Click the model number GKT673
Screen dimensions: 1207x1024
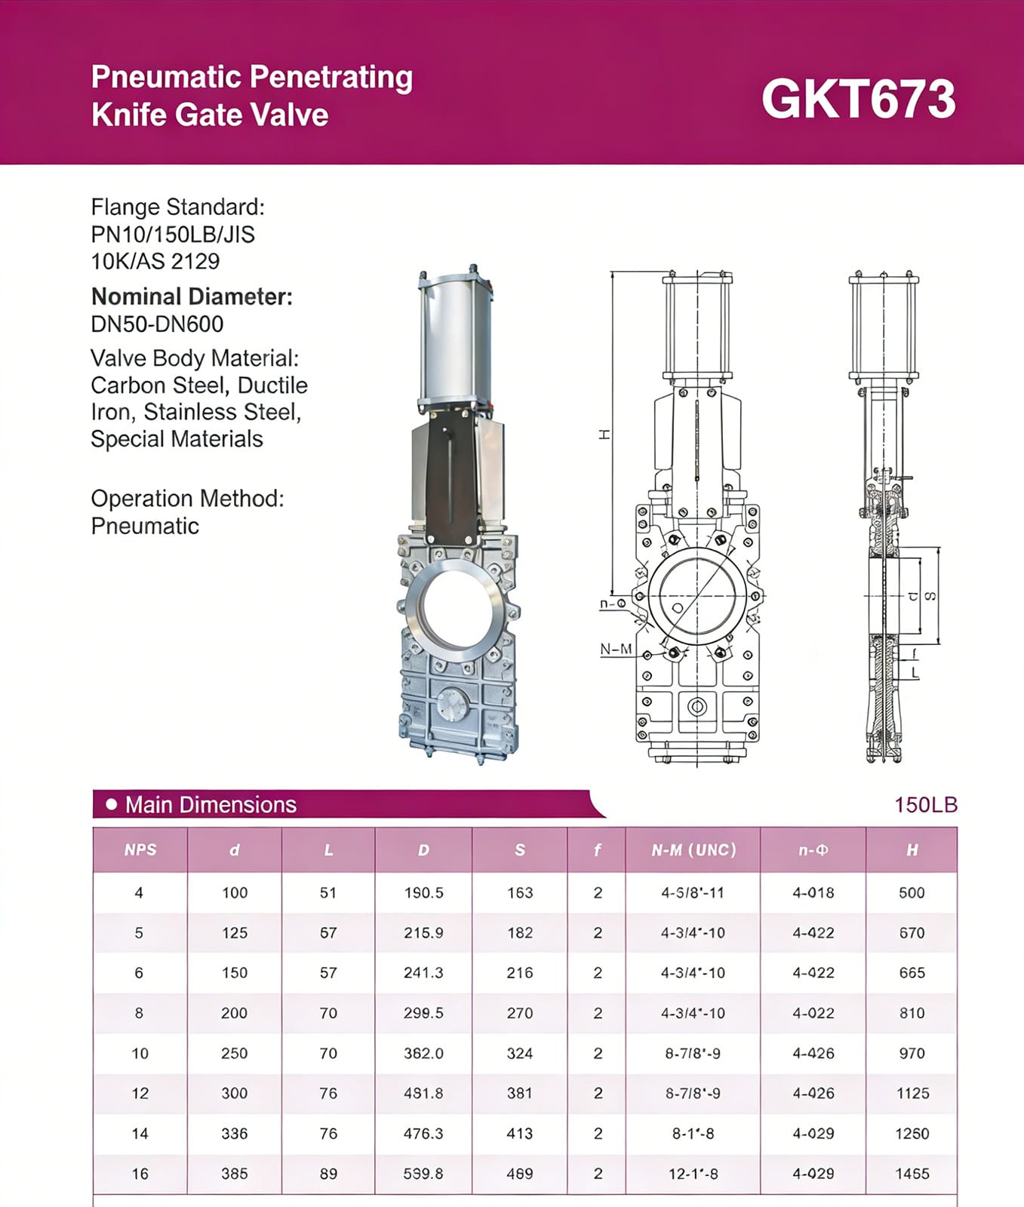[x=858, y=100]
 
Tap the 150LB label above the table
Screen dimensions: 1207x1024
[x=925, y=805]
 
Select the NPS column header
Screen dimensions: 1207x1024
[x=140, y=850]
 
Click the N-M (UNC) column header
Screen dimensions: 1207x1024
[x=693, y=850]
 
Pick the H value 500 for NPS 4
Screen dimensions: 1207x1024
[x=911, y=893]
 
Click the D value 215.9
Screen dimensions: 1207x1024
[x=423, y=933]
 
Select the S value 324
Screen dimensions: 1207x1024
[x=519, y=1054]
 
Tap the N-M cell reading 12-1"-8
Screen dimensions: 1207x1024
[x=693, y=1174]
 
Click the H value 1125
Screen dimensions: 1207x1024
[x=912, y=1094]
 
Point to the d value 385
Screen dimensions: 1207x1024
[x=234, y=1174]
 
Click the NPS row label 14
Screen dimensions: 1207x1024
[x=140, y=1134]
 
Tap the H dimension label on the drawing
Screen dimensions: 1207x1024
[x=604, y=435]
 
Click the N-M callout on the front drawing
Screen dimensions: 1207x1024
[x=616, y=650]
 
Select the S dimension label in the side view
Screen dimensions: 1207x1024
[x=931, y=596]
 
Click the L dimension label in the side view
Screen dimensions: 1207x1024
[x=915, y=672]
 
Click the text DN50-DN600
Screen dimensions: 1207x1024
[x=157, y=324]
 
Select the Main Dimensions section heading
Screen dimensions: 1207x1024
[x=211, y=805]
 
